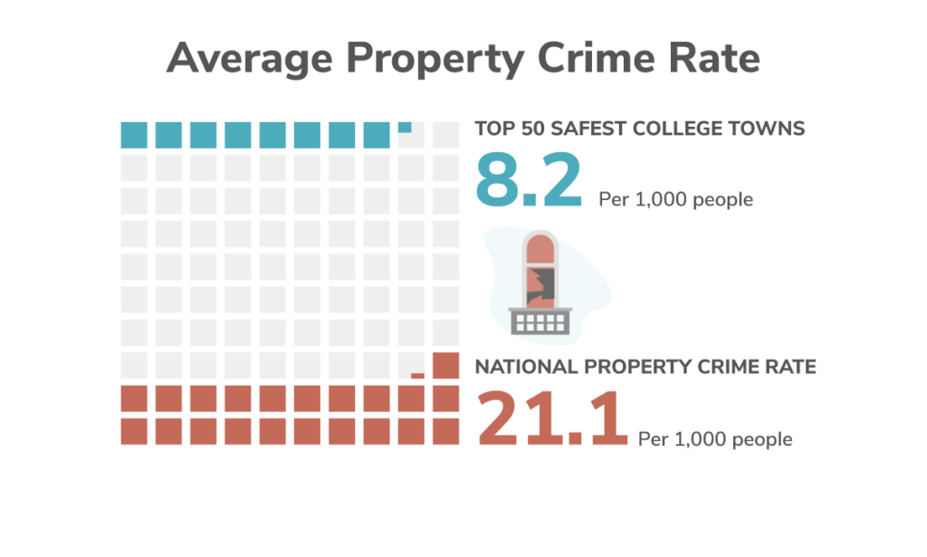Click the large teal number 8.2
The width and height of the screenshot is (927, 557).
point(530,182)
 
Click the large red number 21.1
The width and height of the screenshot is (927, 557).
point(552,418)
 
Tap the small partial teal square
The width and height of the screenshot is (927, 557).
point(405,127)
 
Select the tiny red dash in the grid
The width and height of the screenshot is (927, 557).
point(417,374)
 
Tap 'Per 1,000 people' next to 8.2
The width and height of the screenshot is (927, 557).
point(675,199)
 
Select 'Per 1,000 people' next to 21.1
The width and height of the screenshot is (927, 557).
point(715,439)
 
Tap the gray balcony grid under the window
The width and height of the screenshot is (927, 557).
point(540,321)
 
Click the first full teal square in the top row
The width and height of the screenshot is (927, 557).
point(134,135)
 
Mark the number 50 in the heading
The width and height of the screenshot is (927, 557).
point(529,129)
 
